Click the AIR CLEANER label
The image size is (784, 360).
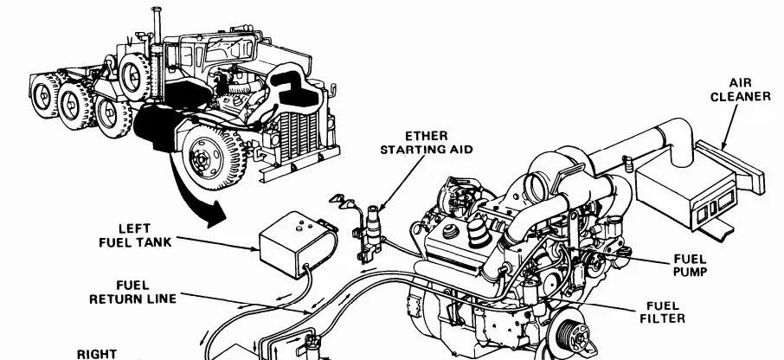pos(741,90)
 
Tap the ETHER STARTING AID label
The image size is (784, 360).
pos(427,143)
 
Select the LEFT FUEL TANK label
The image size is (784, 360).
pos(135,236)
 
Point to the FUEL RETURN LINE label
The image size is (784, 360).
pos(133,292)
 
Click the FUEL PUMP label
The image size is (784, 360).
pos(690,266)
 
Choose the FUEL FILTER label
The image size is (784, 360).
pos(663,312)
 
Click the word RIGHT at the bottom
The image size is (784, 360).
pos(97,354)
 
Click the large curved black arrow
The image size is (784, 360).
pos(192,192)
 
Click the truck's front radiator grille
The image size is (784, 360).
pos(299,136)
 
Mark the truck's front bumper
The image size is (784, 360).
pos(299,164)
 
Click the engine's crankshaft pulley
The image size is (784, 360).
pos(569,333)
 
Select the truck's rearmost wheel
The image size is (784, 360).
pos(45,95)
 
